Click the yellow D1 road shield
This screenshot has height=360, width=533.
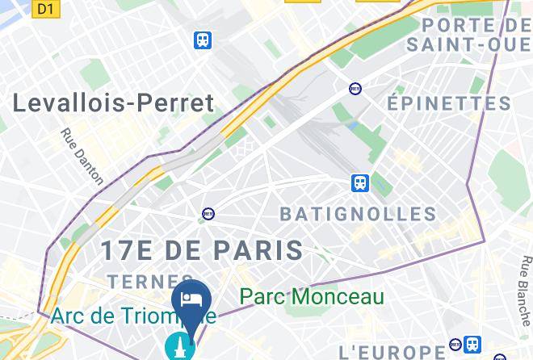45,9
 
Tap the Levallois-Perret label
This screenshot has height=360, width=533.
114,103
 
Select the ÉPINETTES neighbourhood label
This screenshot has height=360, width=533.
449,104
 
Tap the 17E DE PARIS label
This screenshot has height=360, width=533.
201,249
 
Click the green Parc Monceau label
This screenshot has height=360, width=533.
312,297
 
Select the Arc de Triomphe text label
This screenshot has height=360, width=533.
133,316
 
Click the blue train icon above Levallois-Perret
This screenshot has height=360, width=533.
203,40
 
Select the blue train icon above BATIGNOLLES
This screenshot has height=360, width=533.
360,183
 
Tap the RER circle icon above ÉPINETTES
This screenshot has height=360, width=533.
355,88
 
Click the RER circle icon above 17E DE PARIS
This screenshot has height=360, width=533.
208,214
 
